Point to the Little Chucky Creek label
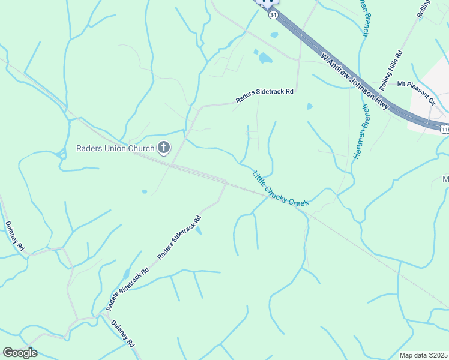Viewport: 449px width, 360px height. pyautogui.click(x=280, y=190)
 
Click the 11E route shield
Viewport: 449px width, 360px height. pyautogui.click(x=444, y=129)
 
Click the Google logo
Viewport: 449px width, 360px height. pyautogui.click(x=20, y=353)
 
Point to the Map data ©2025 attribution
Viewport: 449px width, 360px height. pyautogui.click(x=423, y=355)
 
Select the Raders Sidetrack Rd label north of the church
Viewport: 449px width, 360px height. pyautogui.click(x=264, y=96)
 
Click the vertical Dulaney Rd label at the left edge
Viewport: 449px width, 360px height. pyautogui.click(x=15, y=236)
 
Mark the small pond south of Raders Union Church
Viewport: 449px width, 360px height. pyautogui.click(x=145, y=192)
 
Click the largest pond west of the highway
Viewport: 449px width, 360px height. pyautogui.click(x=264, y=58)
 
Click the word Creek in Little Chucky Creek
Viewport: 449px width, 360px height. pyautogui.click(x=298, y=202)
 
